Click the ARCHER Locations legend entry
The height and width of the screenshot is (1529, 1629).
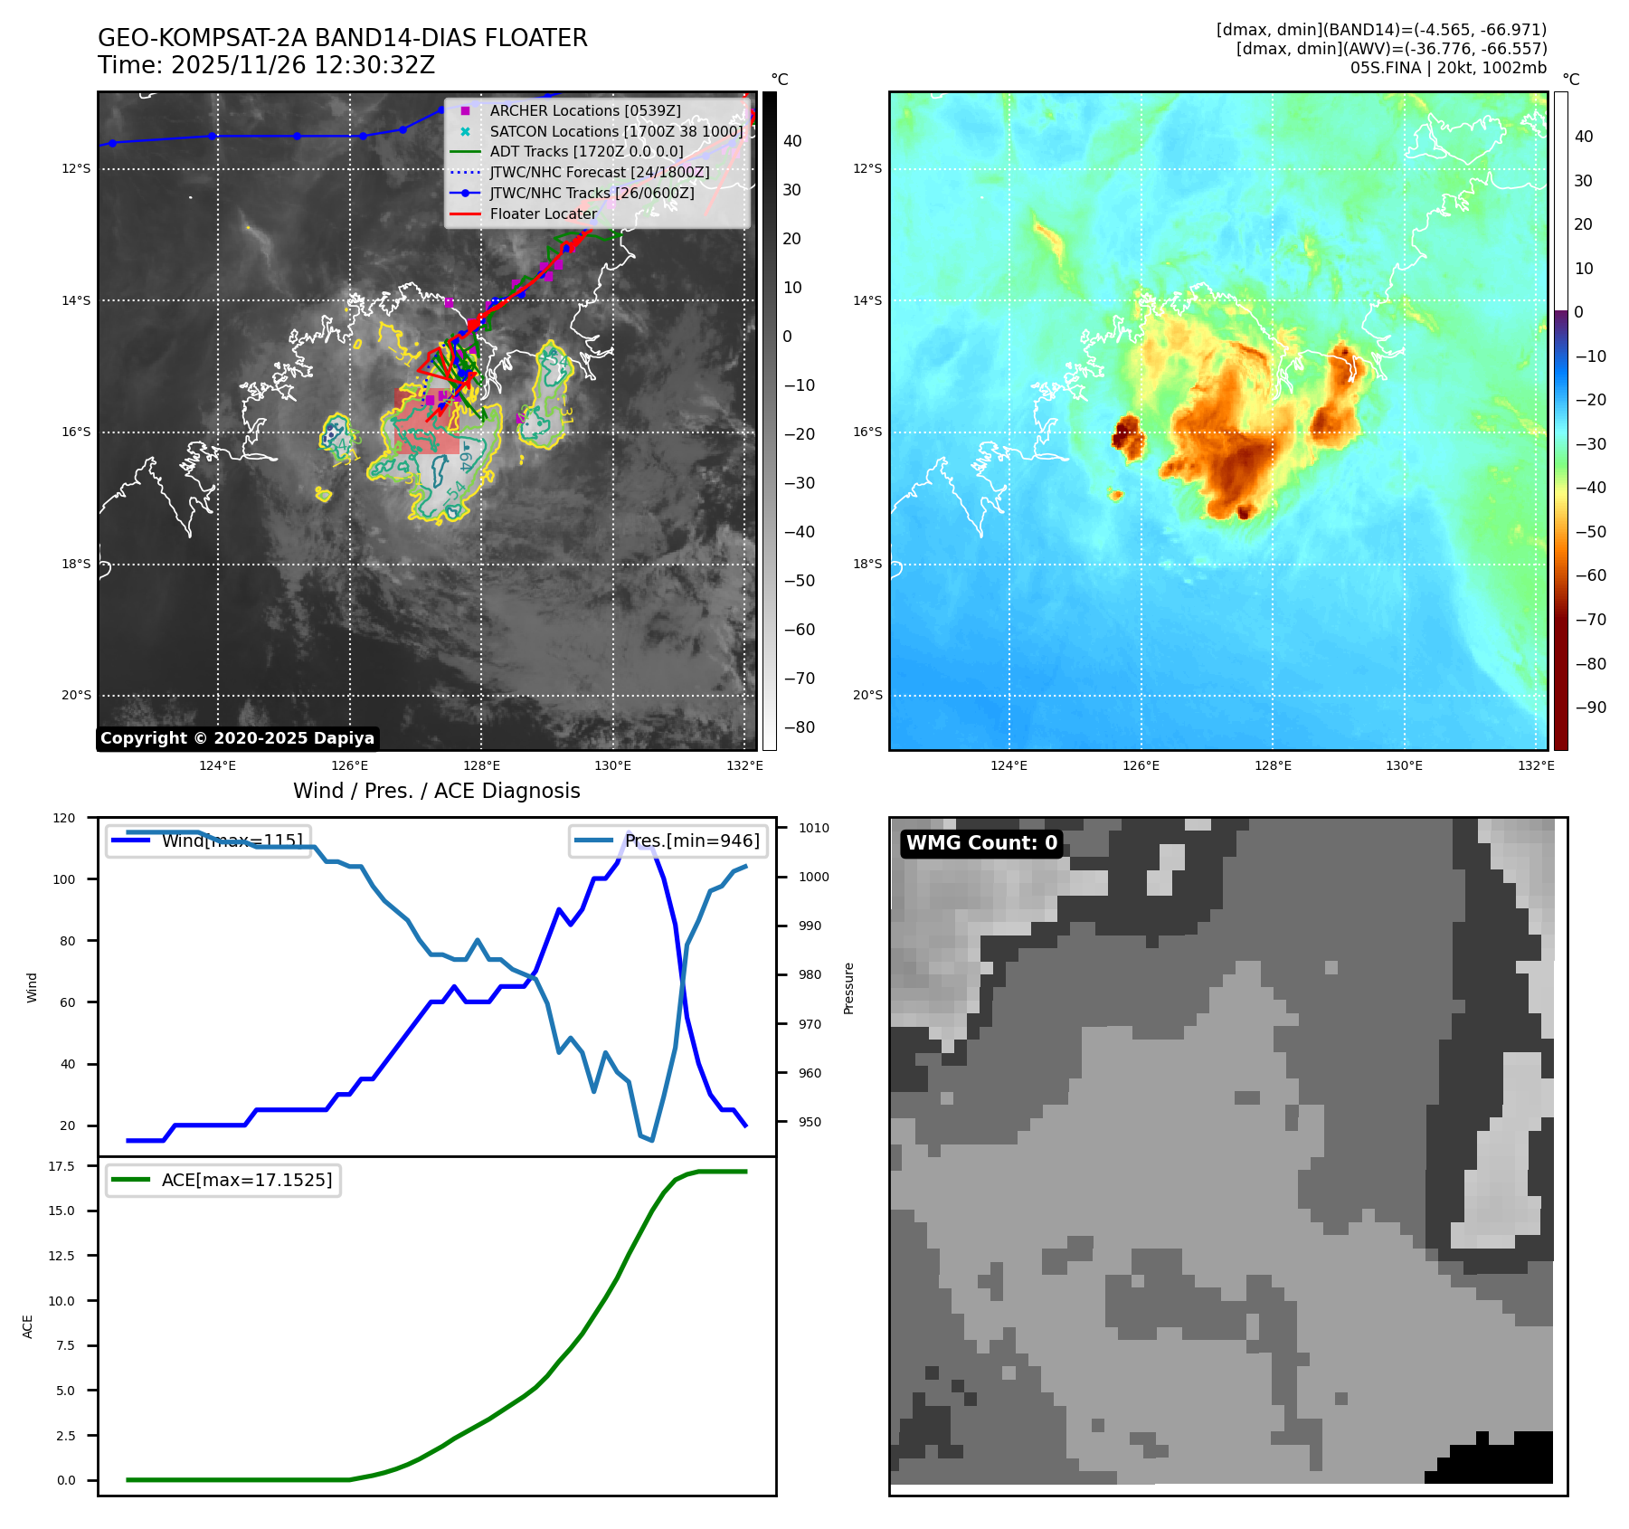tap(585, 110)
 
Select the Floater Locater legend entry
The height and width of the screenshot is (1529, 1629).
tap(543, 214)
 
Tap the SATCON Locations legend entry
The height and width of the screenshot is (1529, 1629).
tap(616, 131)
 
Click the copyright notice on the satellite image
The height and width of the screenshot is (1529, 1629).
tap(237, 738)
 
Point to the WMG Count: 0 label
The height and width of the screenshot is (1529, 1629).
tap(981, 843)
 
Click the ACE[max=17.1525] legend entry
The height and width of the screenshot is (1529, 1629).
tap(246, 1180)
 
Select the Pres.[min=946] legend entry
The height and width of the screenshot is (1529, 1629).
tap(692, 840)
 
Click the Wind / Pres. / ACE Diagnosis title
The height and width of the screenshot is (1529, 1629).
tap(436, 791)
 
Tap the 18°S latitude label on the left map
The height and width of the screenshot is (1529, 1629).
tap(76, 564)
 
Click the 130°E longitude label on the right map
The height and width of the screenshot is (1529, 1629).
tap(1404, 765)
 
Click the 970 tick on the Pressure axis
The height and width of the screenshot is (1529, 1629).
tap(810, 1024)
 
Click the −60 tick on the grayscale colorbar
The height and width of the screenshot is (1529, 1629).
tap(799, 630)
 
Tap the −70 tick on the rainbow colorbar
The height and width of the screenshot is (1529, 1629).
tap(1590, 620)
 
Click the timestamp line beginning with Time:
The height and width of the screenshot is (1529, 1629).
tap(266, 65)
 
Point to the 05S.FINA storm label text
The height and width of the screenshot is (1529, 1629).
tap(1448, 68)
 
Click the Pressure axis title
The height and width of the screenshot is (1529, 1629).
tap(848, 988)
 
